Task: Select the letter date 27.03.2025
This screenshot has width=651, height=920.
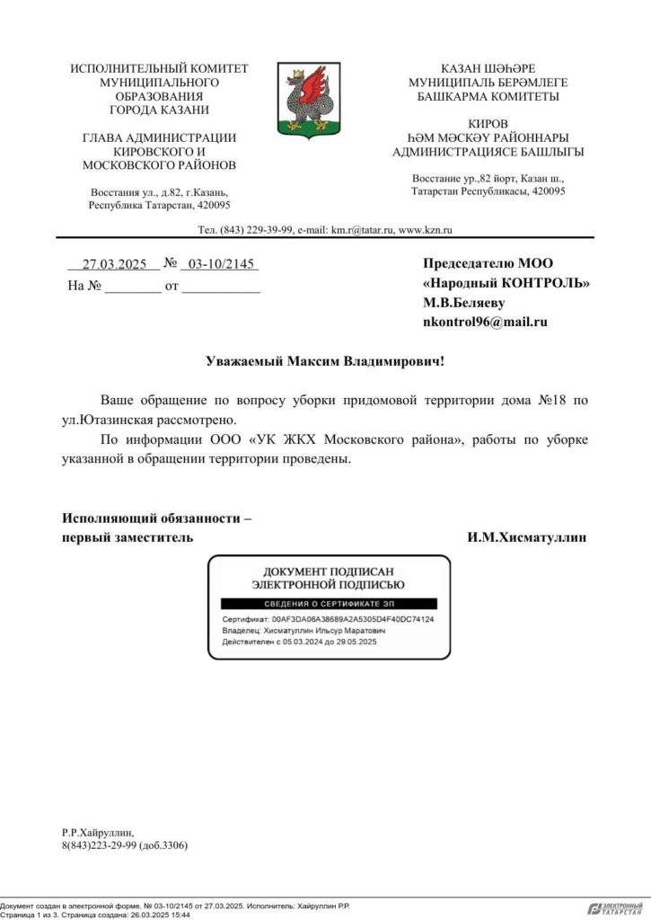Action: tap(114, 264)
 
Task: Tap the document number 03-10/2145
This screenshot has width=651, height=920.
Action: tap(219, 264)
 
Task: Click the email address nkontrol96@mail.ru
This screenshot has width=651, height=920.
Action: tap(484, 322)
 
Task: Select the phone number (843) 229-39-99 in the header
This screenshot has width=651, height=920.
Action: tap(262, 230)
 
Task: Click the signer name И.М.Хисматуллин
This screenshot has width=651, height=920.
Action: tap(526, 537)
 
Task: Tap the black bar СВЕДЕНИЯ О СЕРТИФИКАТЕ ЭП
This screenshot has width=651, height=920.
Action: tap(329, 603)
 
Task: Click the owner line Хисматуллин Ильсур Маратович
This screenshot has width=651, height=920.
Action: tap(324, 631)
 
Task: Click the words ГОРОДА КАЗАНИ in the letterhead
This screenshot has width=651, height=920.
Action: tap(159, 110)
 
